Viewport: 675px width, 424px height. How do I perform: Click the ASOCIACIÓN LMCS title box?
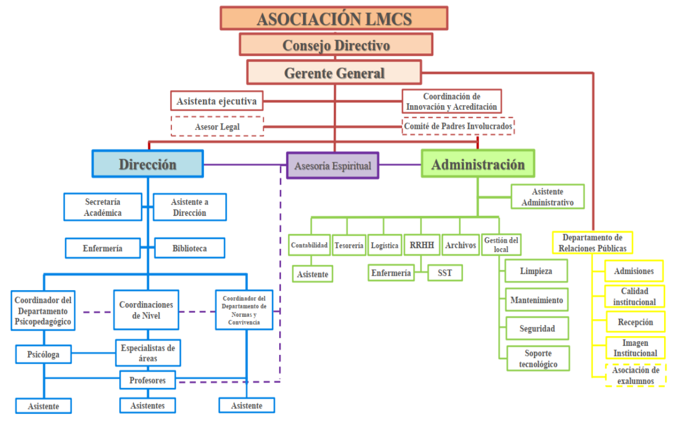tap(334, 18)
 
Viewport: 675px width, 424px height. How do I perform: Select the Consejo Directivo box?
tap(336, 45)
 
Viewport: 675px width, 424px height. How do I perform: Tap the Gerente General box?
tap(334, 73)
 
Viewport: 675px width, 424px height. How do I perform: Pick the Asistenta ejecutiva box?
tap(217, 101)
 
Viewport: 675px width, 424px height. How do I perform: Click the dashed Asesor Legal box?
tap(217, 127)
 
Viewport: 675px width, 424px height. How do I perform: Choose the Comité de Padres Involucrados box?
tap(458, 126)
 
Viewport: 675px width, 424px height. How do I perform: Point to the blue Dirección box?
tap(148, 164)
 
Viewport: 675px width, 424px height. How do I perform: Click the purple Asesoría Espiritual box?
tap(333, 166)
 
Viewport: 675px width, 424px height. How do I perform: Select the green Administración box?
tap(478, 164)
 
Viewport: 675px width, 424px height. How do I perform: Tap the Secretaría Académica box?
tap(102, 207)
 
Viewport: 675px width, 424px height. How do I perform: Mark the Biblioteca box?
tap(189, 248)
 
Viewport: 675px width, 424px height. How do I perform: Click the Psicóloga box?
tap(43, 354)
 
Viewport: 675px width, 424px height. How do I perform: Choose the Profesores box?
tap(148, 380)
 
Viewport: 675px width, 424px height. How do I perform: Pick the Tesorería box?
tap(349, 245)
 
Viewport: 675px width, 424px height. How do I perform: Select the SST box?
tap(445, 273)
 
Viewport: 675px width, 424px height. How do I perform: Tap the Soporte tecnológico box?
tap(538, 359)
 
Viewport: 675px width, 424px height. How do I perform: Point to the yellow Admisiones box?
tap(633, 271)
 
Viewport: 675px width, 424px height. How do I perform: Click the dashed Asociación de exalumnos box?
tap(636, 375)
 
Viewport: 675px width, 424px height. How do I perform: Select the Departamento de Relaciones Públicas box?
tap(593, 243)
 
